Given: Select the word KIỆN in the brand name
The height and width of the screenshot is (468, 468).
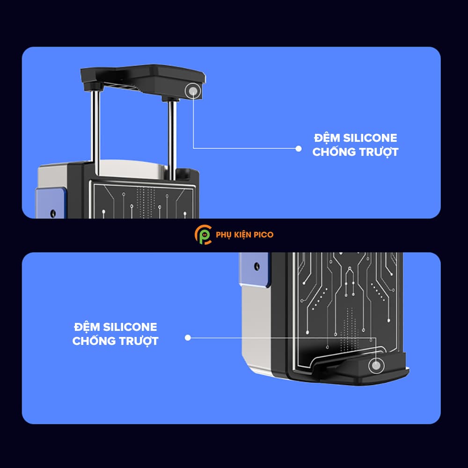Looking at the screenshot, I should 241,234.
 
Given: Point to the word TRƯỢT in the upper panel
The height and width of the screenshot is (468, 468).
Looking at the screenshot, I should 379,152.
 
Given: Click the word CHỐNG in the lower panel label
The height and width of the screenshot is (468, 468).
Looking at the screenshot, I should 94,341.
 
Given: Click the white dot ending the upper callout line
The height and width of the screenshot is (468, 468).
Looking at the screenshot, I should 299,148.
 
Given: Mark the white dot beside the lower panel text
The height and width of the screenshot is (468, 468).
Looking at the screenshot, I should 188,337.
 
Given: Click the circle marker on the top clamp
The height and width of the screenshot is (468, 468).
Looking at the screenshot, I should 192,91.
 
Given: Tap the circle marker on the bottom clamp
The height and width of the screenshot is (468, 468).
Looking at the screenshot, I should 376,366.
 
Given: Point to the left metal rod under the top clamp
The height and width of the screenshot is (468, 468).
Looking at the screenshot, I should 95,126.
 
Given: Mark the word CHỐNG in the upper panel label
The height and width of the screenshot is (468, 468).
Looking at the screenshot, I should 333,152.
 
